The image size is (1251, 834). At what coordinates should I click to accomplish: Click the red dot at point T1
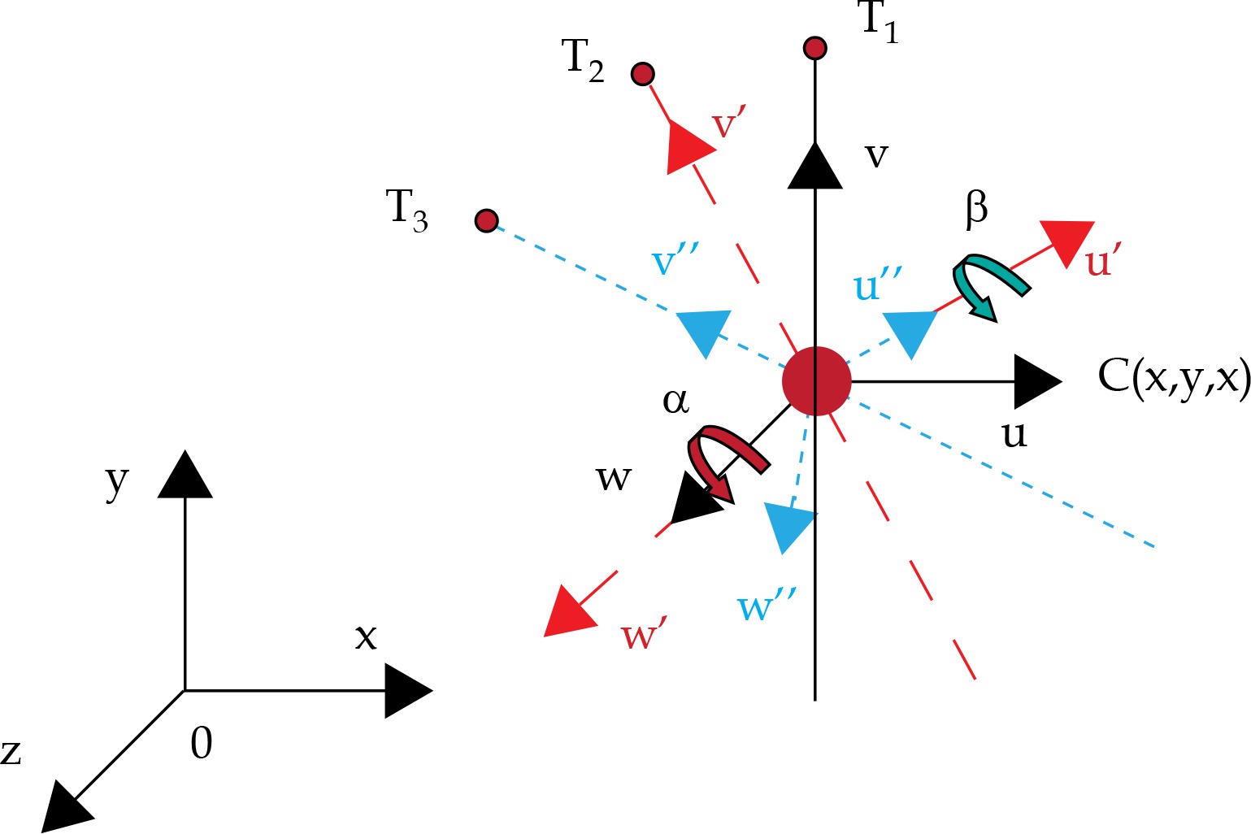[814, 48]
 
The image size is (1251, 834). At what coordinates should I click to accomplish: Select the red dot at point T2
[642, 74]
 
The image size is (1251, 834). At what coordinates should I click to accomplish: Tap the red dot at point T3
[486, 220]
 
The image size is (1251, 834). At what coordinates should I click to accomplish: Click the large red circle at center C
[816, 381]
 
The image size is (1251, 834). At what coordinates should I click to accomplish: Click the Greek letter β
[976, 208]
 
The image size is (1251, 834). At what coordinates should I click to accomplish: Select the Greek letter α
[675, 401]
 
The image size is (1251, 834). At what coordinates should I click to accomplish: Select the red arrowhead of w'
[568, 612]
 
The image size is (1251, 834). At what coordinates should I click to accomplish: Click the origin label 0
[201, 743]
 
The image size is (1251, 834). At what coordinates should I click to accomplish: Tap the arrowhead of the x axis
[406, 691]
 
